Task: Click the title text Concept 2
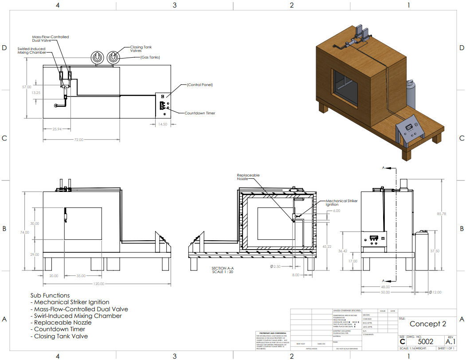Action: click(x=427, y=324)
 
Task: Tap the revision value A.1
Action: click(x=450, y=341)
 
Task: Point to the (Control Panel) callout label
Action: click(x=200, y=85)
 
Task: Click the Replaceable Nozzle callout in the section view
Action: click(x=248, y=177)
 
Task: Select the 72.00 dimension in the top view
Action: click(x=78, y=140)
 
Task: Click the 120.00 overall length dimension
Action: click(x=98, y=284)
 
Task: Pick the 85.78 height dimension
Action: click(x=441, y=214)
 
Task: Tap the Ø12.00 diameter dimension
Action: click(x=436, y=292)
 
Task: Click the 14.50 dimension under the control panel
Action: click(x=163, y=124)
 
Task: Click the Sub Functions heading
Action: click(x=50, y=295)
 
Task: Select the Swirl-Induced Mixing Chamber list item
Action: click(x=78, y=316)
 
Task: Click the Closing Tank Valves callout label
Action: click(x=141, y=49)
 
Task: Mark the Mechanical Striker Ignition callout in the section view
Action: click(x=341, y=203)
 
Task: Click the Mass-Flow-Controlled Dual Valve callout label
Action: click(x=51, y=39)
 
